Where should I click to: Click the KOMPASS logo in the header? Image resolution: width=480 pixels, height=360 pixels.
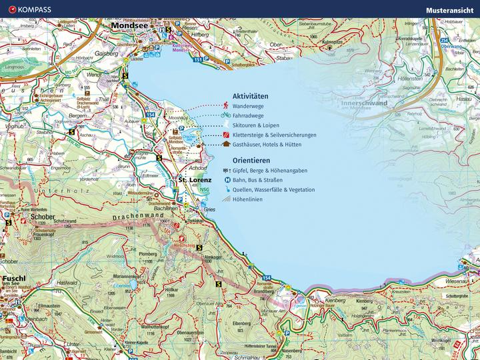coord(27,9)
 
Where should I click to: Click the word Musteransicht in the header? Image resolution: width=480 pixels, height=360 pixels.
coord(450,9)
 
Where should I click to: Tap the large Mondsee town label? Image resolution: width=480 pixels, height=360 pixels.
coord(130,26)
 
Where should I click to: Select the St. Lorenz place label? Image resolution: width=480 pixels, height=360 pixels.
coord(195,180)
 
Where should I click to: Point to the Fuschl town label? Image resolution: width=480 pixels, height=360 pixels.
coord(14,278)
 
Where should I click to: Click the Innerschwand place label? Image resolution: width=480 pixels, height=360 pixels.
coord(363,104)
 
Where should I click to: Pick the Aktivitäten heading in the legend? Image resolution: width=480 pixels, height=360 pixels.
coord(251,96)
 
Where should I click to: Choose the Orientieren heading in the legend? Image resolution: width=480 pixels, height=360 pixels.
coord(251,161)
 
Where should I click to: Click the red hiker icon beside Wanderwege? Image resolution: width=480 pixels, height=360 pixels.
coord(227,106)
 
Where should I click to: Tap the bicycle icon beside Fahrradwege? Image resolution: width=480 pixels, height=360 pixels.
coord(226,115)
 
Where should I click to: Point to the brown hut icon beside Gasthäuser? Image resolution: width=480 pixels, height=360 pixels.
coord(226,143)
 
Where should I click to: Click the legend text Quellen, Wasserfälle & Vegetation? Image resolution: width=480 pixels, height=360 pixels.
coord(273,189)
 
